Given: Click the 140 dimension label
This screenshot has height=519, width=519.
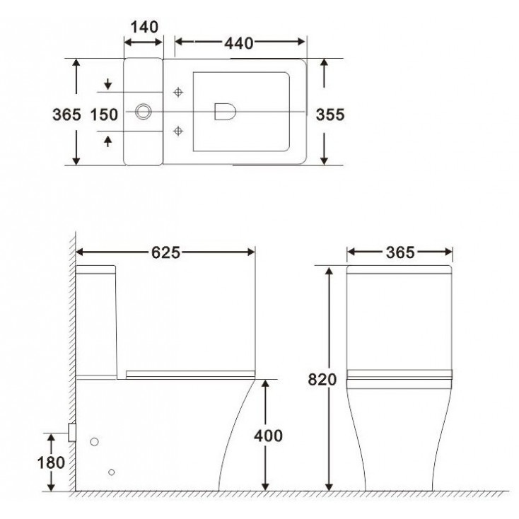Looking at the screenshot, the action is (x=144, y=27).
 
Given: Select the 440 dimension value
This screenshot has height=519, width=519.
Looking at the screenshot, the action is (x=239, y=43).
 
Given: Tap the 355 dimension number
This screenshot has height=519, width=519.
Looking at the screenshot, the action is (x=330, y=115).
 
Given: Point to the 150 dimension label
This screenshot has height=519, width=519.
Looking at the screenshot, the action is (x=104, y=115).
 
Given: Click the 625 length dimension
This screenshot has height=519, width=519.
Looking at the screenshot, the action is (x=166, y=252).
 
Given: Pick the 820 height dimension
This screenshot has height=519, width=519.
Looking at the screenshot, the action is (x=322, y=379).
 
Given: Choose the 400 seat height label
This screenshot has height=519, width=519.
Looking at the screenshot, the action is (x=268, y=436).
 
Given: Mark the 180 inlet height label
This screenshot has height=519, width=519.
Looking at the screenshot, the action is (x=51, y=462).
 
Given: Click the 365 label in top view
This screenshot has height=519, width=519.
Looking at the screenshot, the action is (x=66, y=115).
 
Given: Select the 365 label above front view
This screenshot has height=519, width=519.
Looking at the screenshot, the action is (x=400, y=252).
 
